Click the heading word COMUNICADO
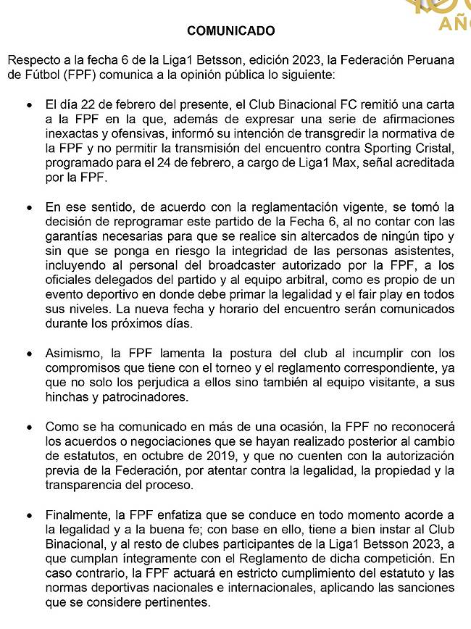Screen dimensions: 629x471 click(x=231, y=31)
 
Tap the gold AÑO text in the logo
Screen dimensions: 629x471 click(x=454, y=25)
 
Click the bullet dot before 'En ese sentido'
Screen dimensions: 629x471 click(x=28, y=207)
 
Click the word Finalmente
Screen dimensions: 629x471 click(x=78, y=515)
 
